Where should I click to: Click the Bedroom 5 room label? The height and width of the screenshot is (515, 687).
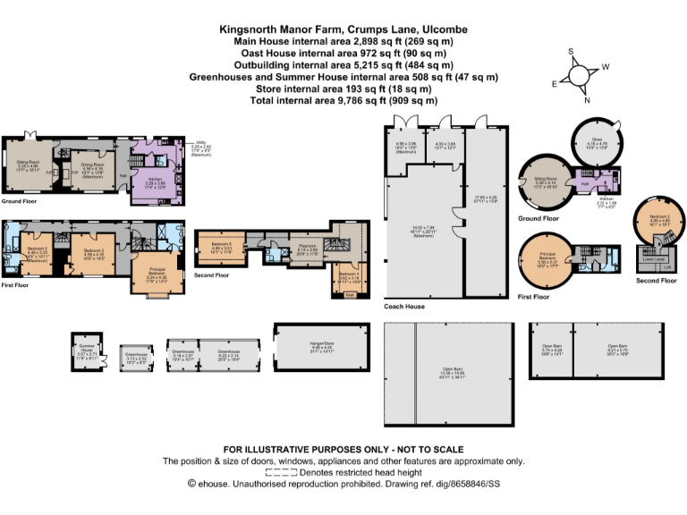click(x=222, y=246)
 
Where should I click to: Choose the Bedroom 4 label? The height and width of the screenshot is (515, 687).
click(x=348, y=277)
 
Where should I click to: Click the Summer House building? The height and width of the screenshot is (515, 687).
click(x=87, y=350)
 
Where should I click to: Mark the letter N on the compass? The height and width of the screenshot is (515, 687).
click(x=587, y=100)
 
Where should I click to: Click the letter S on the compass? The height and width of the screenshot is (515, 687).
click(x=570, y=52)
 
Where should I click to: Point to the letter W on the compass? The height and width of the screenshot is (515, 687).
click(x=605, y=67)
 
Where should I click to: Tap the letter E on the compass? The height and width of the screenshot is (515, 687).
click(x=554, y=83)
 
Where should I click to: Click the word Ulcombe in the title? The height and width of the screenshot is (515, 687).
click(x=441, y=30)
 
